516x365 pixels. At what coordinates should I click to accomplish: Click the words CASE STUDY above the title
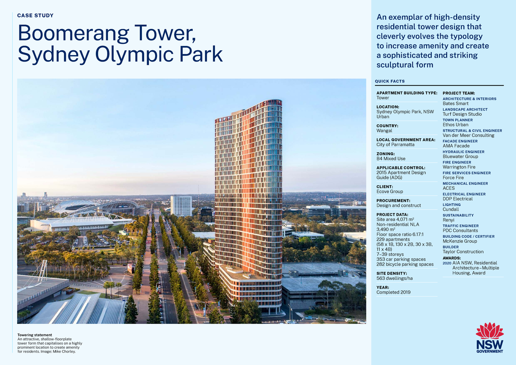pos(35,16)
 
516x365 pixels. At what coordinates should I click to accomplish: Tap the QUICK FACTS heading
pos(390,81)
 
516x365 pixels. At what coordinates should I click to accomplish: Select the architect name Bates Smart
pos(455,104)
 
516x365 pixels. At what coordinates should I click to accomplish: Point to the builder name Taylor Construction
pos(463,252)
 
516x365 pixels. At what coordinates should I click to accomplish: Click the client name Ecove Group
pos(390,191)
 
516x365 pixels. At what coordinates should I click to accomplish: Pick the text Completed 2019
pos(393,292)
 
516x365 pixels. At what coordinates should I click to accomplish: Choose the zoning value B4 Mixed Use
pos(391,159)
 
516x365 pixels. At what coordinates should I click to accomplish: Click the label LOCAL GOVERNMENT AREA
pos(406,140)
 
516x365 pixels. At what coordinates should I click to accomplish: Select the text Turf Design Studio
pos(462,114)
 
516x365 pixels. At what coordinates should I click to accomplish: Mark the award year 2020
pos(447,263)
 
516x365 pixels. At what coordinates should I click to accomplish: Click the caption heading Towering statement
pos(34,335)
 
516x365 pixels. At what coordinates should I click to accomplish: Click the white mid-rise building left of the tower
pos(181,206)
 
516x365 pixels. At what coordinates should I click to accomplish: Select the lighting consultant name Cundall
pos(451,209)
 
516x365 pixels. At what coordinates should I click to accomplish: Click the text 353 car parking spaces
pos(401,259)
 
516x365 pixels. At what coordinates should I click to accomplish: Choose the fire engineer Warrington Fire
pos(459,167)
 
